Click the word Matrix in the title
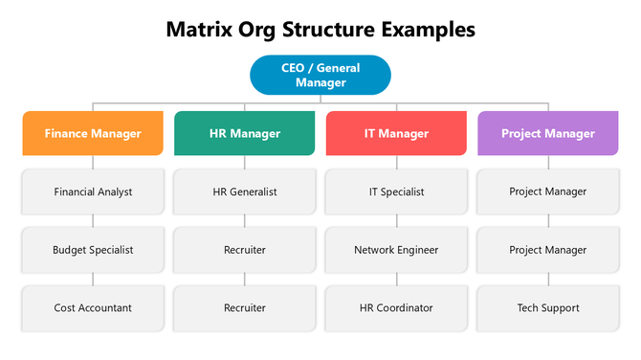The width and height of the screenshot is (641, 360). pyautogui.click(x=199, y=30)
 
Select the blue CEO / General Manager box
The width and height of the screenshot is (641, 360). pyautogui.click(x=320, y=76)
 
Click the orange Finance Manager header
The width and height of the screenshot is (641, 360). pyautogui.click(x=93, y=134)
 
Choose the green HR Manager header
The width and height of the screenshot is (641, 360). pyautogui.click(x=245, y=134)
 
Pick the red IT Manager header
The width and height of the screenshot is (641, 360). pyautogui.click(x=396, y=134)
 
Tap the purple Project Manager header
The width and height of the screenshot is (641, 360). pyautogui.click(x=548, y=134)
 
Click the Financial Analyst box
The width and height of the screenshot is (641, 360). pyautogui.click(x=93, y=191)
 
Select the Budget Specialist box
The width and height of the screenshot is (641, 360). pyautogui.click(x=93, y=250)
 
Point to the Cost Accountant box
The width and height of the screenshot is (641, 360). pyautogui.click(x=93, y=307)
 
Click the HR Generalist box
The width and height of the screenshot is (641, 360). pyautogui.click(x=245, y=191)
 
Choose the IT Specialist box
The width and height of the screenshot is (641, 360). pyautogui.click(x=396, y=191)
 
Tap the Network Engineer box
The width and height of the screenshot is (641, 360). pyautogui.click(x=396, y=250)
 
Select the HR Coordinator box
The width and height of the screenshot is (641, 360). pyautogui.click(x=396, y=307)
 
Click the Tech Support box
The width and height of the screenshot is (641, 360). pyautogui.click(x=548, y=307)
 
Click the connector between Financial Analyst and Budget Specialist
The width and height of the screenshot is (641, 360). pyautogui.click(x=93, y=221)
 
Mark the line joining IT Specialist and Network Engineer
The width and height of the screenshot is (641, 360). pyautogui.click(x=396, y=221)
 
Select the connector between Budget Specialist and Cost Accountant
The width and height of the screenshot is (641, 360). pyautogui.click(x=93, y=279)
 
